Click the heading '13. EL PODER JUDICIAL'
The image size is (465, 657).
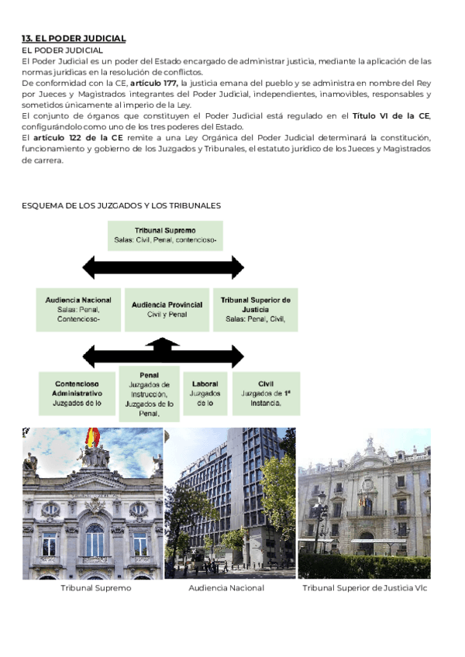pos(74,38)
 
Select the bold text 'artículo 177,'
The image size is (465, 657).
pos(154,83)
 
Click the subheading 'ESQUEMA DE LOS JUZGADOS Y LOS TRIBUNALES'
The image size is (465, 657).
pos(122,205)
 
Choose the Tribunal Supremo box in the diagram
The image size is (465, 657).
pos(165,236)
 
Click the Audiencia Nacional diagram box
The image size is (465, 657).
pos(78,309)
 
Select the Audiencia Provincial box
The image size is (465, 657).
pos(167,309)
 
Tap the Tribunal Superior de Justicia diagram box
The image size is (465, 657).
pos(256,309)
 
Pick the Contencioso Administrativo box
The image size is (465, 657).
pos(77,394)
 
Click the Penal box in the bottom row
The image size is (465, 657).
pos(150,394)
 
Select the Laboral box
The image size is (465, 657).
pos(205,394)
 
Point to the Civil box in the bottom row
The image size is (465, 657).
pos(266,394)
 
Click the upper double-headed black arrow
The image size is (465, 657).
pos(164,268)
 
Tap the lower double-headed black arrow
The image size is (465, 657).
pos(164,356)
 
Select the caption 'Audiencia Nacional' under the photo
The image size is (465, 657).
pos(226,588)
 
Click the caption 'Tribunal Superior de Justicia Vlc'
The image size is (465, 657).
pos(364,588)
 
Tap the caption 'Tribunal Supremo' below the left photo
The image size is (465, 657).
pos(95,588)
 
